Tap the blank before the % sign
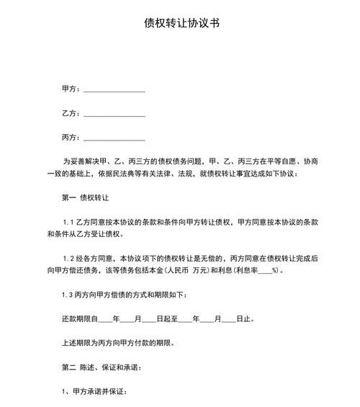click(x=264, y=271)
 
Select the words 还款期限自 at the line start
click(x=78, y=318)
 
